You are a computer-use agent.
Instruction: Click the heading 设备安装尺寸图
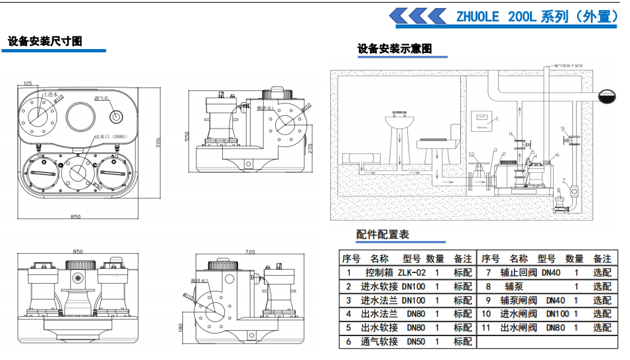coord(45,41)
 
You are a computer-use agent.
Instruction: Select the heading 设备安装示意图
coord(395,48)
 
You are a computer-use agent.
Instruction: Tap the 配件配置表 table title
coord(383,234)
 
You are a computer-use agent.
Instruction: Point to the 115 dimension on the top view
coord(27,83)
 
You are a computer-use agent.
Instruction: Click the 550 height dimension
coord(187,137)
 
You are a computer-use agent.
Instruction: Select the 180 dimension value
coord(182,328)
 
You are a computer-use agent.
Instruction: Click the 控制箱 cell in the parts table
coord(379,272)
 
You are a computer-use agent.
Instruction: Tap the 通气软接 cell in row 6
coord(379,341)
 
